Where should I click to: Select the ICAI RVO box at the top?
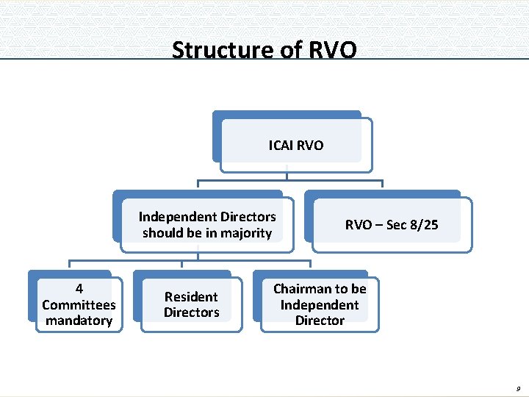(295, 145)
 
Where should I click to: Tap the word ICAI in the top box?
(281, 146)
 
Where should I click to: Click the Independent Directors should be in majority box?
(207, 225)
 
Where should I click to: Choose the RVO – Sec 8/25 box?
(392, 225)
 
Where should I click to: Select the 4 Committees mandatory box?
(79, 304)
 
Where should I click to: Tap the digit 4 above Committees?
(79, 289)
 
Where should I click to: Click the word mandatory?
(79, 321)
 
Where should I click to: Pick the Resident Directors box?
(191, 304)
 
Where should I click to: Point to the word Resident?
(191, 297)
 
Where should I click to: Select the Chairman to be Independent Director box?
(320, 304)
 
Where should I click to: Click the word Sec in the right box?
(396, 225)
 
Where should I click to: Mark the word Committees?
(79, 304)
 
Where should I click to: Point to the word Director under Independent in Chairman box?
(320, 321)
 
